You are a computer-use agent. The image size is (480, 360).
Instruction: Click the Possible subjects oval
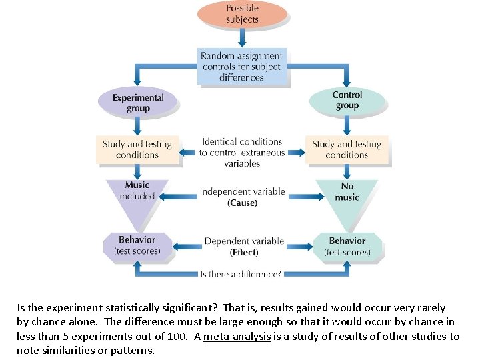coord(242,13)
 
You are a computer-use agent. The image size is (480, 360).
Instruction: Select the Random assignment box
coord(242,67)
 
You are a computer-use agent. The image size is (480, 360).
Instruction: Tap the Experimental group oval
coord(138,103)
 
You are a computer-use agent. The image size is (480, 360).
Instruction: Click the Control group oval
coord(347,100)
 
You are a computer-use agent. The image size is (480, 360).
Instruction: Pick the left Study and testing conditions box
coord(137,149)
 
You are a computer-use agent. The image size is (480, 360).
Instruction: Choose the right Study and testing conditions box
coord(347,149)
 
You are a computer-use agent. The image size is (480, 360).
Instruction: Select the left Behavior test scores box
coord(137,245)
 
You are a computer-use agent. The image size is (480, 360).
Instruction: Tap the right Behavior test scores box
coord(347,246)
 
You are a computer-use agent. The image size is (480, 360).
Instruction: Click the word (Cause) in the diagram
coord(242,203)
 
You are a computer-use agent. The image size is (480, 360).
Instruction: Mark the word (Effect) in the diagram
coord(244,253)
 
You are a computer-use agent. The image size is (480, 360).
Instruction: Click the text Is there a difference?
coord(241,274)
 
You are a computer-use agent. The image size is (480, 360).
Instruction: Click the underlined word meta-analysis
coord(237,337)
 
